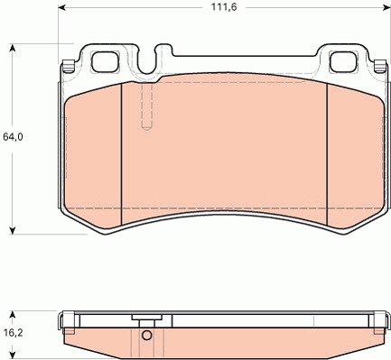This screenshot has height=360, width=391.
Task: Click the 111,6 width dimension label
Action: point(224,7)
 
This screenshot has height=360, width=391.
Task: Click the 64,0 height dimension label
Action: point(13,137)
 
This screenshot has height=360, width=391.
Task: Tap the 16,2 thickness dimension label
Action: point(13,333)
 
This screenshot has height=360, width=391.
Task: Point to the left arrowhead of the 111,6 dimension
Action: point(61,7)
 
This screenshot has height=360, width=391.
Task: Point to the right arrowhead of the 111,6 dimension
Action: point(387,7)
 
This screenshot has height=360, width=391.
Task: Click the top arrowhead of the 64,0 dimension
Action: point(12,48)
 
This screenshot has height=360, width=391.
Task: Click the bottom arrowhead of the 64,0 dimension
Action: point(12,230)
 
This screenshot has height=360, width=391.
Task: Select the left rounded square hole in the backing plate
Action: point(105,62)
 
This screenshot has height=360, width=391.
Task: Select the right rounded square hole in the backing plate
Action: point(343,62)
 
